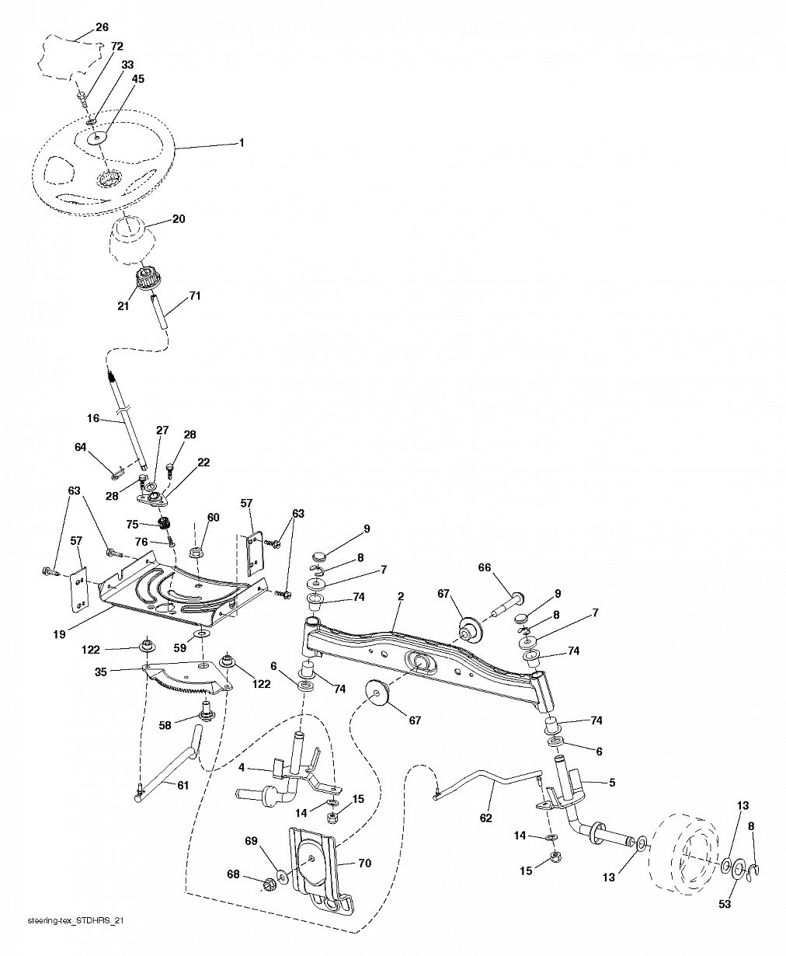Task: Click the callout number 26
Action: [x=103, y=27]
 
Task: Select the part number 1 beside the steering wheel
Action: [x=242, y=143]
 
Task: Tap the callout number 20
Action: [x=179, y=219]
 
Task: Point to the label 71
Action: [x=195, y=296]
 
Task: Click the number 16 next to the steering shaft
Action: [x=93, y=418]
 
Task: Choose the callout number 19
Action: [x=59, y=635]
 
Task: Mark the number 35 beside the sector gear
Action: [x=100, y=672]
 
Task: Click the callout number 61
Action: [x=183, y=785]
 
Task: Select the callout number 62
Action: [x=485, y=818]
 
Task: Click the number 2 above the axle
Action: [x=401, y=597]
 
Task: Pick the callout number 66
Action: [x=485, y=567]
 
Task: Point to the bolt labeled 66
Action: [x=508, y=604]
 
